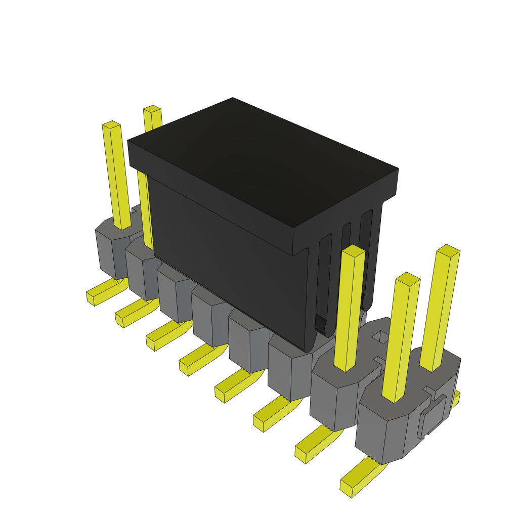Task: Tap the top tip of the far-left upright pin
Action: click(x=111, y=124)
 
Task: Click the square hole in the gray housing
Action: click(x=380, y=336)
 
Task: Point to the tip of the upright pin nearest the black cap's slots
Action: click(x=354, y=250)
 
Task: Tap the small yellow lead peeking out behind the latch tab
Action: click(x=456, y=399)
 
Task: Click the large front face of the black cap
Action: click(x=228, y=263)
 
